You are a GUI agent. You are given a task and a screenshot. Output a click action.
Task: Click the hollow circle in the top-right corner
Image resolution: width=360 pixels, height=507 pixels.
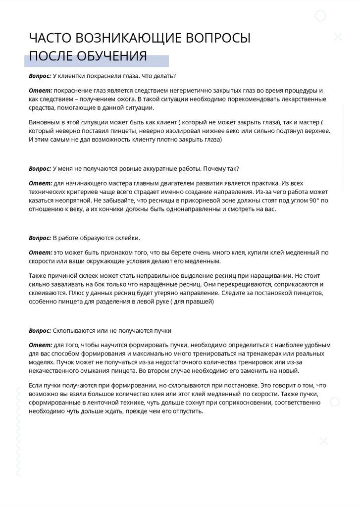[x=321, y=16]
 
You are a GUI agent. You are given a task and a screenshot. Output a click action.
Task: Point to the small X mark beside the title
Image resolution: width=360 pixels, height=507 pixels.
[x=338, y=37]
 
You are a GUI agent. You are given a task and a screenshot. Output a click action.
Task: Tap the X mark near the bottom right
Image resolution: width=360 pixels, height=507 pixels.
[x=323, y=441]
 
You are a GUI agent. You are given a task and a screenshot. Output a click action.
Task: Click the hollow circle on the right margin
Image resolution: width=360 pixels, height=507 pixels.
[x=335, y=402]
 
